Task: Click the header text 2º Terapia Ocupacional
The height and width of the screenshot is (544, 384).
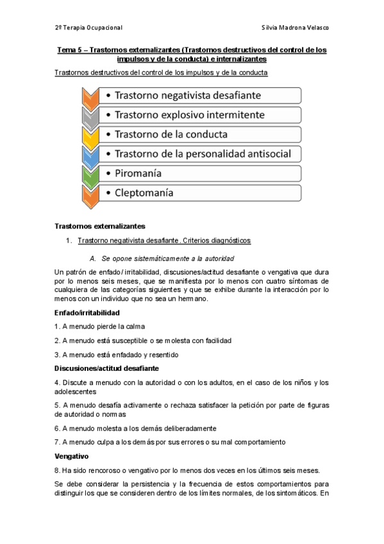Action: click(88, 28)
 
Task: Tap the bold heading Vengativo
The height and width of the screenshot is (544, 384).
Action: click(72, 456)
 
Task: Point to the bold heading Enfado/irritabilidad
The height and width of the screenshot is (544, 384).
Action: click(87, 312)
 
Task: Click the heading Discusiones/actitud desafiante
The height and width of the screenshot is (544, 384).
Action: click(106, 368)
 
